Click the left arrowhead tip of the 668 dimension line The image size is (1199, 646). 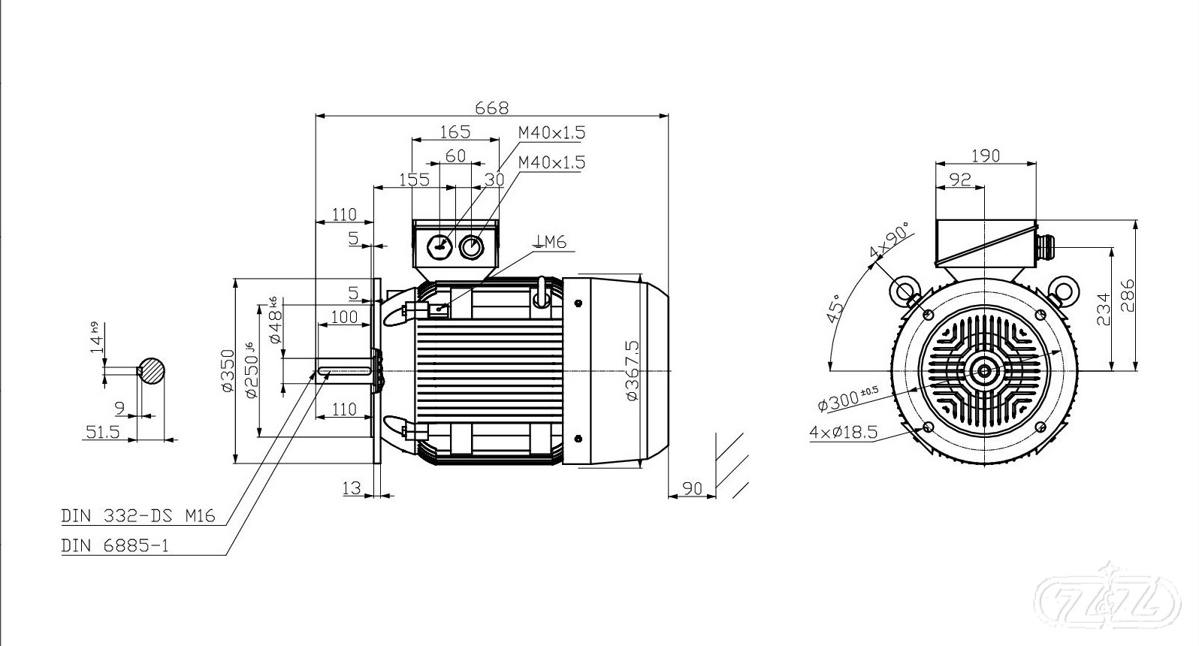[x=316, y=115]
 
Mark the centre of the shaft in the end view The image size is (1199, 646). [x=984, y=370]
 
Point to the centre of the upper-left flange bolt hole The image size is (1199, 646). [x=928, y=314]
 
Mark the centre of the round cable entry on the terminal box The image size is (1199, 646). [x=471, y=247]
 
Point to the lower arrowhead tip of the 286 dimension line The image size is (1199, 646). [x=1136, y=370]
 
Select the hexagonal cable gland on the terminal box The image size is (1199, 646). [x=439, y=247]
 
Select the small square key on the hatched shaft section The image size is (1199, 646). [x=140, y=370]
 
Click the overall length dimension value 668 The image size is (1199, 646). [x=492, y=108]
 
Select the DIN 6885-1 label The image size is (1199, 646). [x=115, y=546]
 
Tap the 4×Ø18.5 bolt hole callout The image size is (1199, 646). [x=844, y=432]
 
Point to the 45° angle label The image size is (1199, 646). [x=836, y=308]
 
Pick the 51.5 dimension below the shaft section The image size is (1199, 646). [x=103, y=431]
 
